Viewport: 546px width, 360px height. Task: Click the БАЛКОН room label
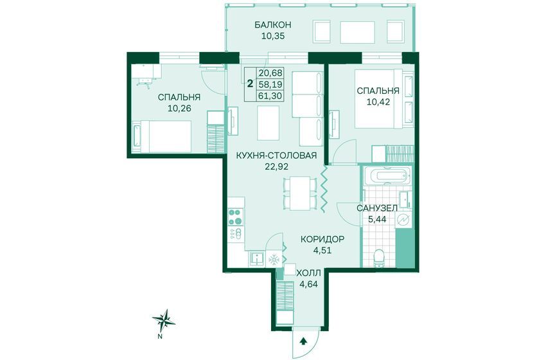pos(272,25)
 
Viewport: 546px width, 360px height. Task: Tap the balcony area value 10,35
pos(273,36)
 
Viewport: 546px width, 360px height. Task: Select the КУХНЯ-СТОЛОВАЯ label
pos(276,156)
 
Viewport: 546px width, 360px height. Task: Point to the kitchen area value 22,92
pos(277,166)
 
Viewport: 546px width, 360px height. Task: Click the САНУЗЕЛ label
pos(377,208)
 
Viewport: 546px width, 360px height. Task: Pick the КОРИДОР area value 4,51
pos(321,250)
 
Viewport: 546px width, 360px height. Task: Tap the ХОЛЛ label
pos(308,273)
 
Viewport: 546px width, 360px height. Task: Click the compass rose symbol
pos(164,321)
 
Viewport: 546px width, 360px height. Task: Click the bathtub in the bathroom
pos(387,176)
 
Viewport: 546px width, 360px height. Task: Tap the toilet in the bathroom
pos(378,258)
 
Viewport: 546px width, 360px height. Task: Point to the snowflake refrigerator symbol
pos(274,260)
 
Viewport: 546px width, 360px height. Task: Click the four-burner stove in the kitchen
pos(236,217)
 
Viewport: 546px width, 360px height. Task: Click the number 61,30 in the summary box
pos(270,96)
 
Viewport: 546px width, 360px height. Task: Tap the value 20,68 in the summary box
pos(270,73)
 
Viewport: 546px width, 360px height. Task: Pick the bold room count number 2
pos(250,84)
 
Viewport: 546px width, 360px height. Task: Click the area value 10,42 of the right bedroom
pos(378,102)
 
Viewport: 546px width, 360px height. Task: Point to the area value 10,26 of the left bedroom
pos(180,108)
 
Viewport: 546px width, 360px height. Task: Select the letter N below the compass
pos(160,337)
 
